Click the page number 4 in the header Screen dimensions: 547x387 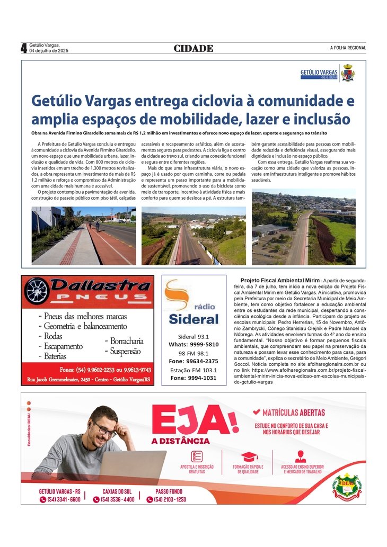click(24, 48)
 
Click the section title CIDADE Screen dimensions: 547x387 click(193, 49)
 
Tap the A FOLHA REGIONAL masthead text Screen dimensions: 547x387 click(348, 48)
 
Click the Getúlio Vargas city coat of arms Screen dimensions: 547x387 click(348, 73)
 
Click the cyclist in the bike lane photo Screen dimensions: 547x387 click(97, 226)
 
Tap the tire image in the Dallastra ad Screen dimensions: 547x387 click(38, 291)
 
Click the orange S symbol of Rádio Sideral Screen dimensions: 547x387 click(177, 294)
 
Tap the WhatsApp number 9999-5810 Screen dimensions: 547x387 click(205, 344)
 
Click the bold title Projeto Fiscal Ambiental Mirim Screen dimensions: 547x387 click(280, 280)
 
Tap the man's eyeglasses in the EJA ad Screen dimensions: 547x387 click(104, 429)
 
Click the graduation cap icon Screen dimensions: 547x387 click(249, 456)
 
